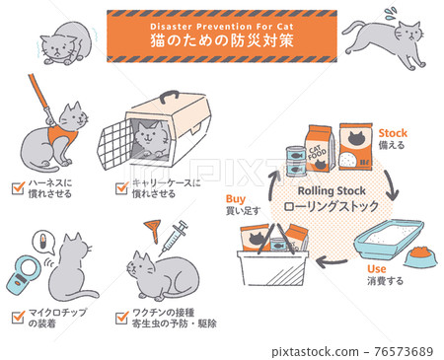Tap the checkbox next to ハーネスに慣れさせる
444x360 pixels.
[x=18, y=184]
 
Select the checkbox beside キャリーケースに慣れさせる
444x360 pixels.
[x=123, y=184]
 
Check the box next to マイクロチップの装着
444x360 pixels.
[x=18, y=316]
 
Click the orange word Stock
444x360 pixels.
[x=393, y=131]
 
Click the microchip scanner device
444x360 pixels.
[x=24, y=274]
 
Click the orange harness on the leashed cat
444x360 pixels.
[x=64, y=129]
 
